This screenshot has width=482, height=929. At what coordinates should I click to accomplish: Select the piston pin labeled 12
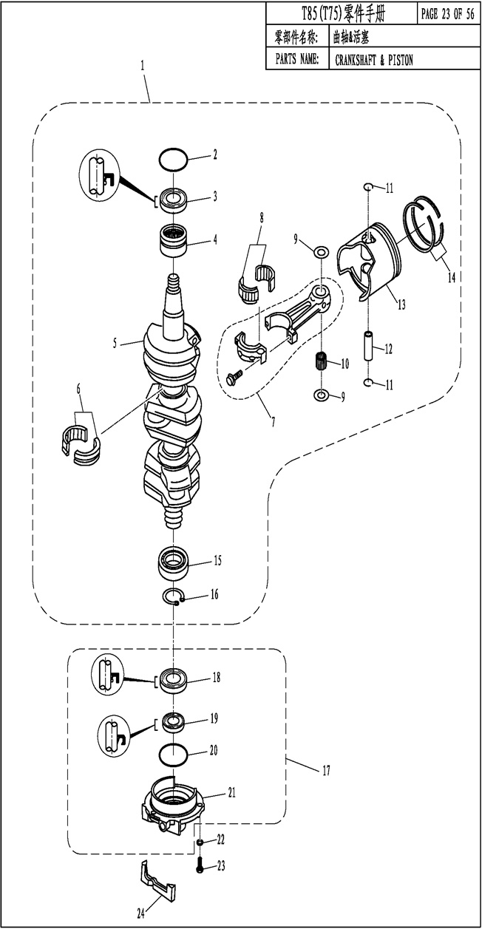click(x=370, y=345)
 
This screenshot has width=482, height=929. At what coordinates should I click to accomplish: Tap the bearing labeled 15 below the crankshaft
click(x=174, y=565)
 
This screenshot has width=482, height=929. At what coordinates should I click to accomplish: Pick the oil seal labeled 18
click(x=174, y=678)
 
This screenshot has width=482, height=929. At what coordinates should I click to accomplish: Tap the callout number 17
click(x=325, y=771)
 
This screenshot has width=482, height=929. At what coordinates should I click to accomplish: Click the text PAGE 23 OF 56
click(x=447, y=13)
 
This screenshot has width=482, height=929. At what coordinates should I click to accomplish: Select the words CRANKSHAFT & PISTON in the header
click(x=374, y=60)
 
